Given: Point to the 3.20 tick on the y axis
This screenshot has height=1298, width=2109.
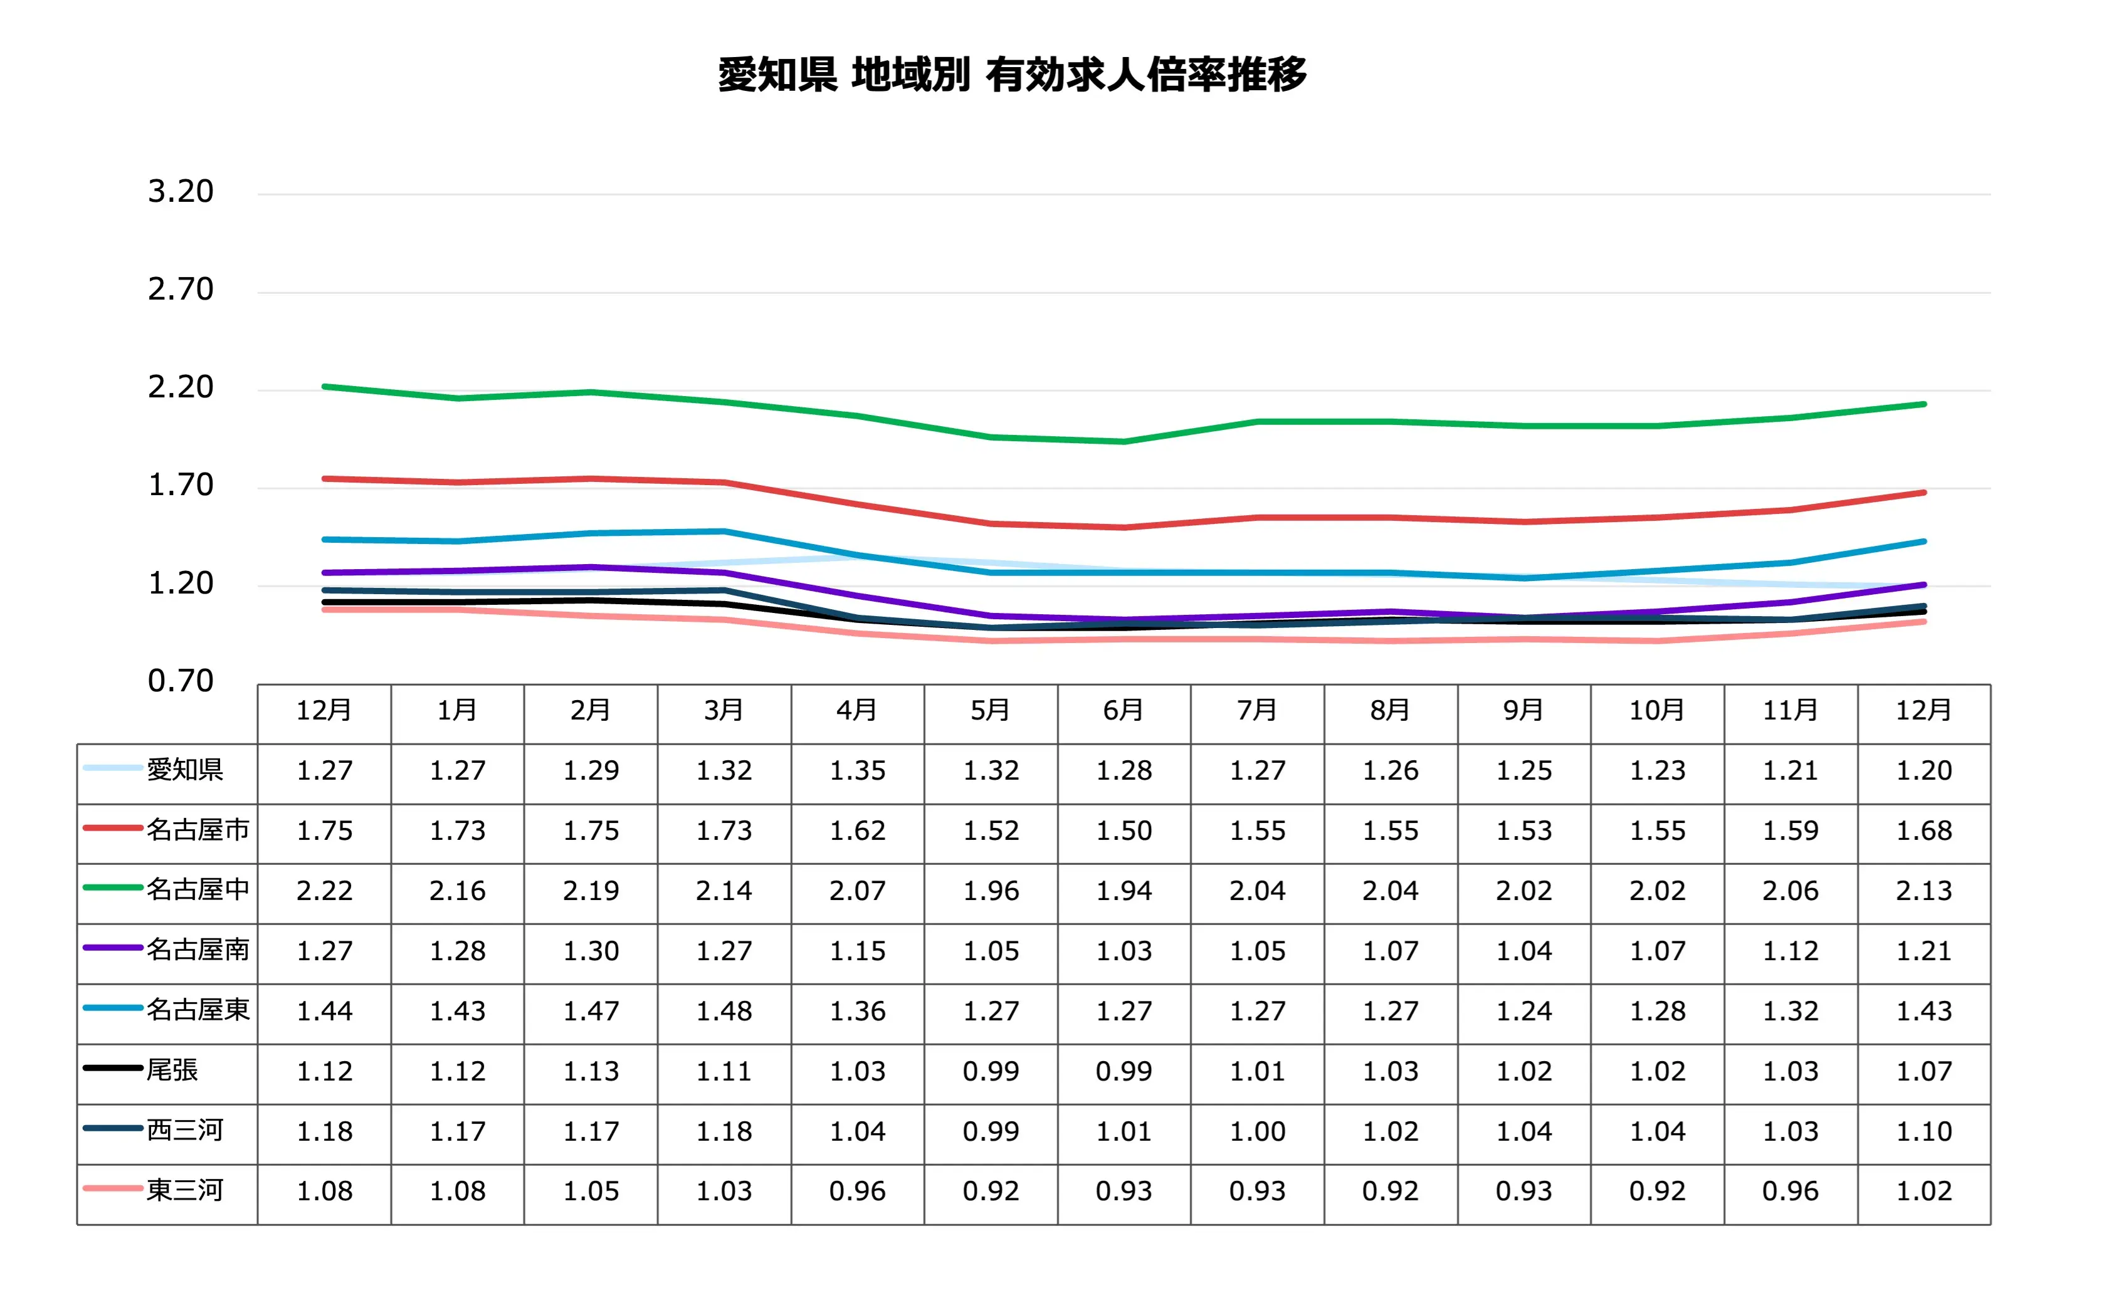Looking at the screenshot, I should point(181,191).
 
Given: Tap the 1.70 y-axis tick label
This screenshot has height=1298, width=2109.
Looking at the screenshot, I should point(181,485).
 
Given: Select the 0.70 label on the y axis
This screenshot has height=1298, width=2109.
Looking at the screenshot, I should point(181,681).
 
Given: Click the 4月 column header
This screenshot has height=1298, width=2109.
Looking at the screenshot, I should point(857,711).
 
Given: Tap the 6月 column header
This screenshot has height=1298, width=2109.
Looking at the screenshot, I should point(1123,711).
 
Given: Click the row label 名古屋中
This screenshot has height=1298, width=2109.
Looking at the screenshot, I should point(197,889).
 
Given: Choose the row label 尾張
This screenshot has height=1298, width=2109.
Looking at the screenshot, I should point(172,1070).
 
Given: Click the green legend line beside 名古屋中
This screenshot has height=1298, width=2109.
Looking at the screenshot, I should point(112,887).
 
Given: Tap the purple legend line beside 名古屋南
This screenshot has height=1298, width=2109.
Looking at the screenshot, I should point(112,948).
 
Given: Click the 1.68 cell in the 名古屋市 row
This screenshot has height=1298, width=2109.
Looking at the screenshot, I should point(1923,831).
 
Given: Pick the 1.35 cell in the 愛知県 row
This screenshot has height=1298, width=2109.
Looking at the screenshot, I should point(857,771).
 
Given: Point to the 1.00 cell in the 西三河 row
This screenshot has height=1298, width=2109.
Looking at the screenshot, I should point(1257,1131).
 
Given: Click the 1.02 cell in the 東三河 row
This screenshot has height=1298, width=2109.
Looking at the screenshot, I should point(1923,1191).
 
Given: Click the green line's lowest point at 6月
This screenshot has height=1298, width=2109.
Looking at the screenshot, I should point(1123,442).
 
